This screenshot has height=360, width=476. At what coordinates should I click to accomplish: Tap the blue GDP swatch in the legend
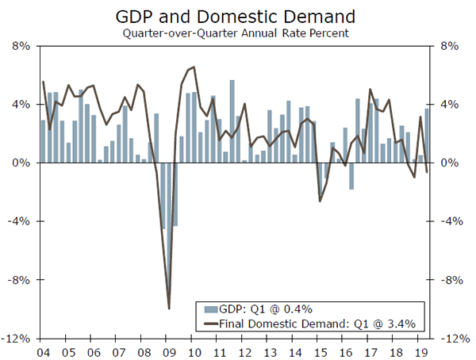coord(209,309)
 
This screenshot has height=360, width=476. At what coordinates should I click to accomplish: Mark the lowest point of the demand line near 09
coord(169,308)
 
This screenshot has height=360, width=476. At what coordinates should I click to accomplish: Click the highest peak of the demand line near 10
coord(194,67)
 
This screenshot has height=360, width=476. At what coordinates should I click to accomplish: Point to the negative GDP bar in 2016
coord(351,176)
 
